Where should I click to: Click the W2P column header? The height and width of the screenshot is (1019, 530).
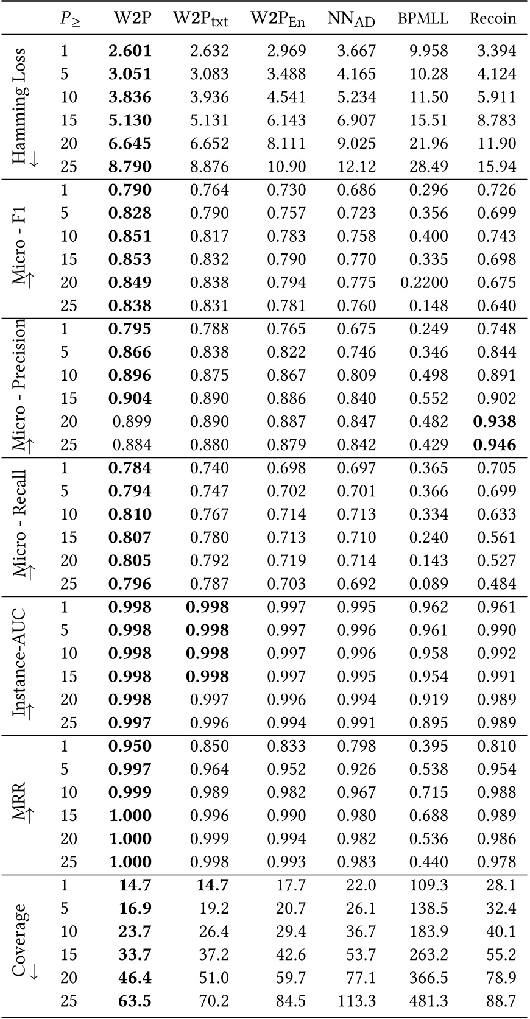132,18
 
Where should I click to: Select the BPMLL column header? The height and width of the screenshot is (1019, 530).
422,18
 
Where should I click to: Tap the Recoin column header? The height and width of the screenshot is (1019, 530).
492,18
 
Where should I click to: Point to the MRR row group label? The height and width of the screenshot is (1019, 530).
20,798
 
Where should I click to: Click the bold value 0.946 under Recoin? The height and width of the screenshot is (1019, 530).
495,445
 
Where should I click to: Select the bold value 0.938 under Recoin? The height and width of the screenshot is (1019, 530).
495,421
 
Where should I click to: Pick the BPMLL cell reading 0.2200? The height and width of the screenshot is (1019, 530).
424,283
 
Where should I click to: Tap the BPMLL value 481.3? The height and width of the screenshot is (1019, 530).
428,1001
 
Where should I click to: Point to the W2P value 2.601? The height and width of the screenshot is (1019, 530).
130,51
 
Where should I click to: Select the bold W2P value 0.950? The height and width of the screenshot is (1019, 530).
130,746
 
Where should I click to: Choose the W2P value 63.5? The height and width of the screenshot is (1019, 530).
135,1001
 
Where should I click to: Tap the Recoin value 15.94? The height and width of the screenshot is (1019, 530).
497,166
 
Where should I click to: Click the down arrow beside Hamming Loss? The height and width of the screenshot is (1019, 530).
34,160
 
